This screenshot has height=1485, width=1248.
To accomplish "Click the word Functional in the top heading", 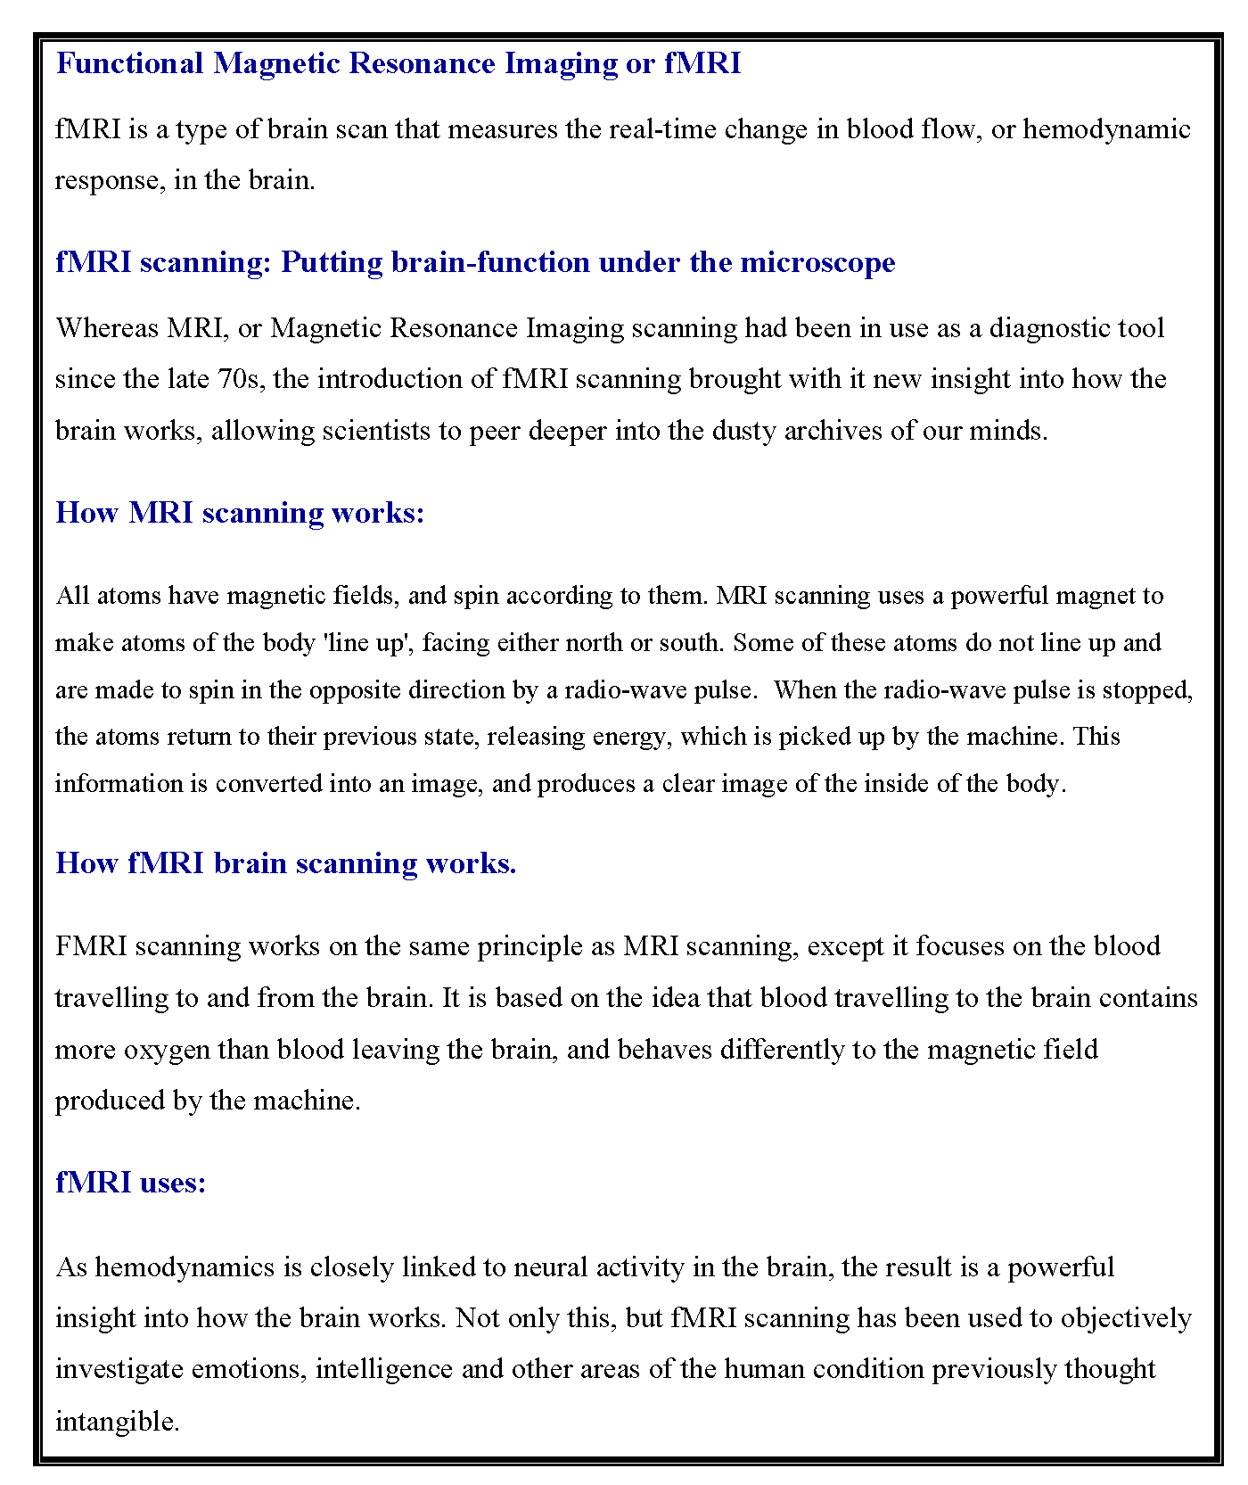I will tap(130, 63).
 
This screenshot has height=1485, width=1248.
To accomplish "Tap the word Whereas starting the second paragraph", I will tap(107, 328).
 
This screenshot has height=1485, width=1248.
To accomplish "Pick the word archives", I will tap(833, 431).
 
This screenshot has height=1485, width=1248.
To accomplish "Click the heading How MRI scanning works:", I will tap(240, 513).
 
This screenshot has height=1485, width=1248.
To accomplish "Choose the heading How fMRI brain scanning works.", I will tap(285, 863).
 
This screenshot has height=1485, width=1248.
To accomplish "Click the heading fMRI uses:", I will tap(130, 1183).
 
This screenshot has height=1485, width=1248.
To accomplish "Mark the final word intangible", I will tap(117, 1421).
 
